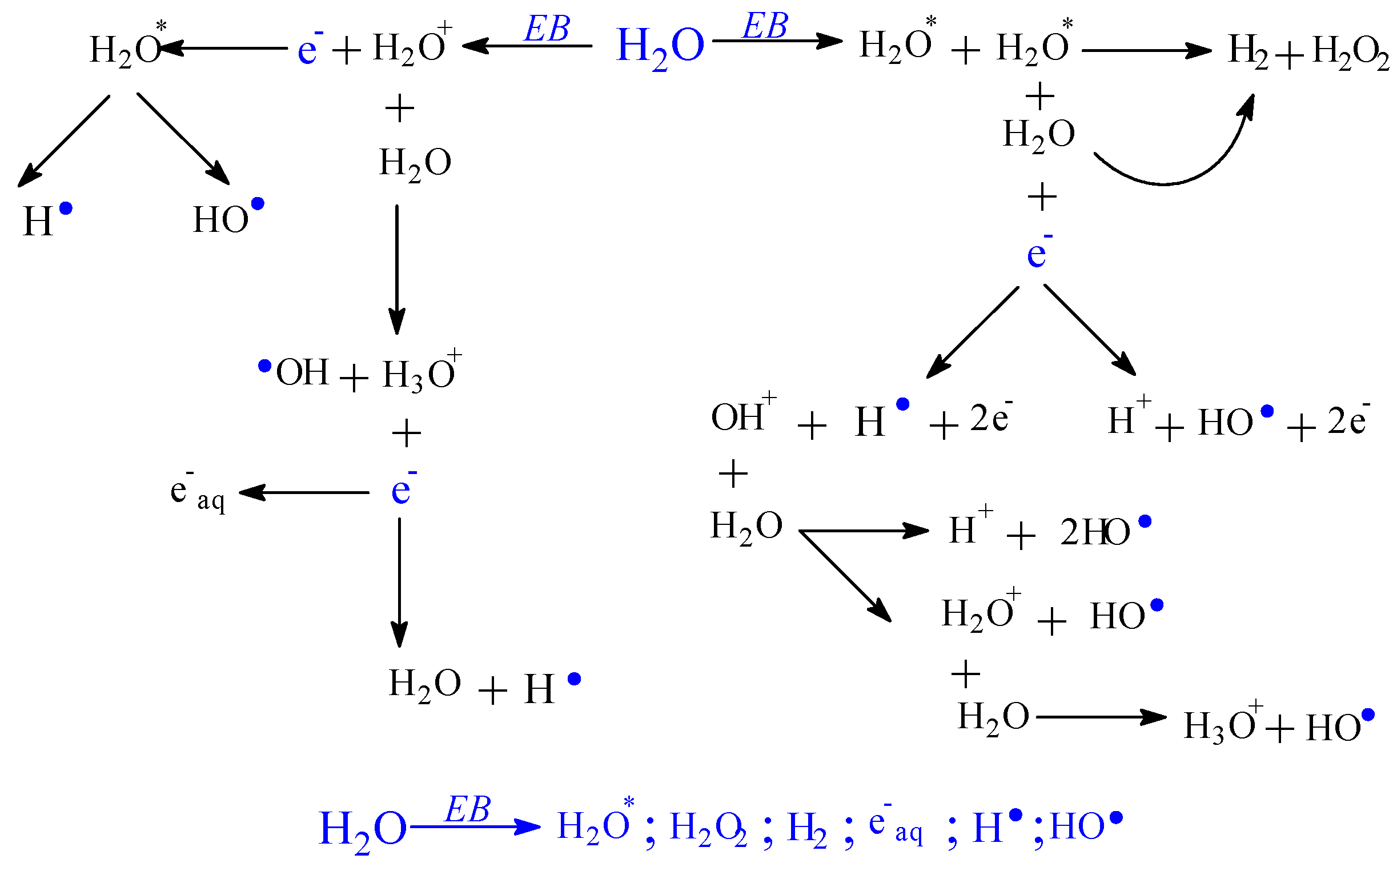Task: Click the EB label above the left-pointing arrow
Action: click(546, 28)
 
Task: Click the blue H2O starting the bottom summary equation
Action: click(363, 829)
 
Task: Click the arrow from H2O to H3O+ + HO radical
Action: click(1101, 717)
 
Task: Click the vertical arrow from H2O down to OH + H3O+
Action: click(397, 268)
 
